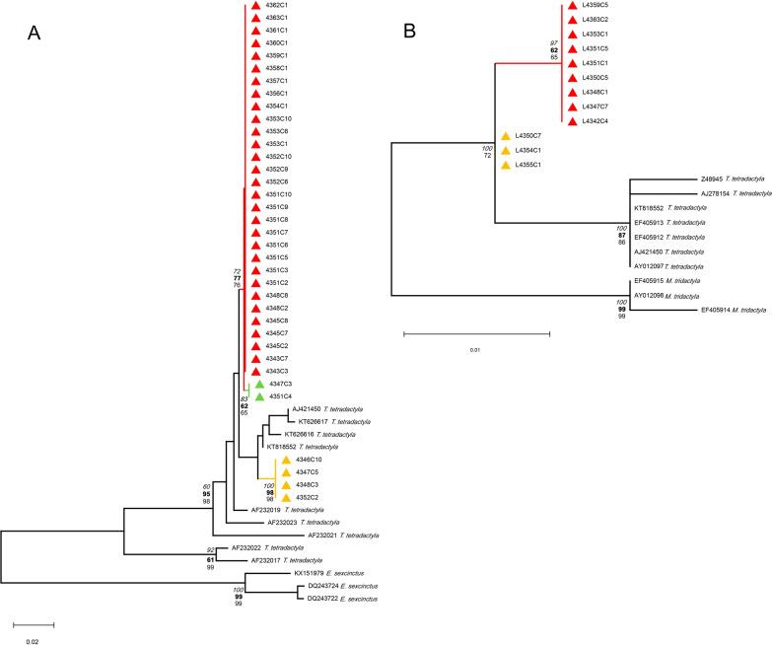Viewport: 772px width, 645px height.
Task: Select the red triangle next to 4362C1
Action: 255,6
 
